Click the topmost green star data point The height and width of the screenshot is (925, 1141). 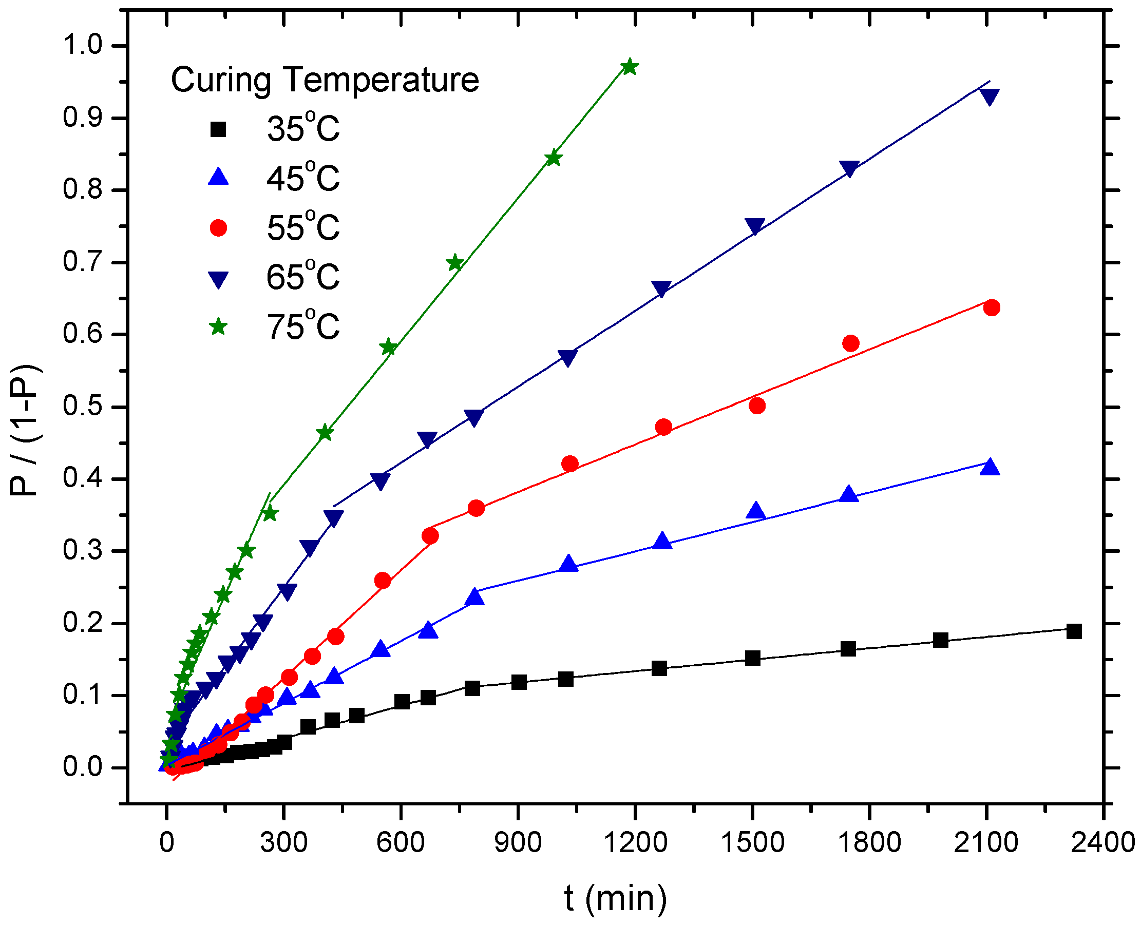pos(630,67)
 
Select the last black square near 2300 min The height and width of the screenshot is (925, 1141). pos(1074,631)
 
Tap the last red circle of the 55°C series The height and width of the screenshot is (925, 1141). pos(991,308)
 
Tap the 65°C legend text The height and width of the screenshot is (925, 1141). pos(302,277)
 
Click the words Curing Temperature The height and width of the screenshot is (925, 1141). pos(325,81)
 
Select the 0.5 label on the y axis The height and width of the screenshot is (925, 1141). pos(82,406)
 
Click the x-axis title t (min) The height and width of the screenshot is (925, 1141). pos(616,898)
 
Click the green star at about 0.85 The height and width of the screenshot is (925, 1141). pos(554,158)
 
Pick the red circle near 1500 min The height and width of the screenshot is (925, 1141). pos(757,406)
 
